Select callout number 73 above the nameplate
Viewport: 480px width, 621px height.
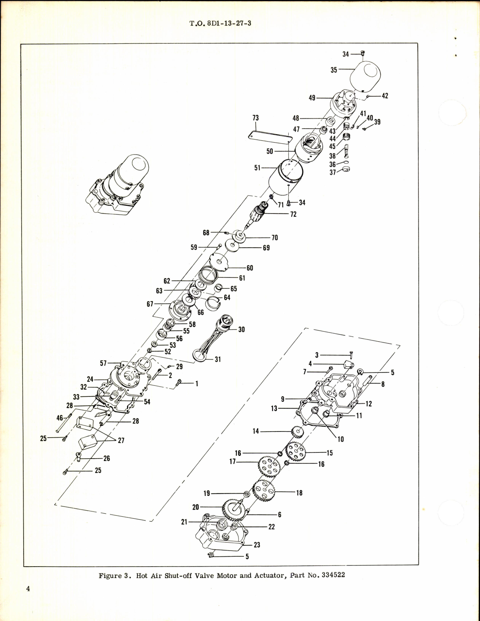pyautogui.click(x=255, y=118)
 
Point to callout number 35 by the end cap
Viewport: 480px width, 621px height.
pyautogui.click(x=334, y=70)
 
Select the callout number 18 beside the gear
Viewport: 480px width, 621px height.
pyautogui.click(x=299, y=493)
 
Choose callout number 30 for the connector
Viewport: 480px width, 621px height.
pyautogui.click(x=242, y=330)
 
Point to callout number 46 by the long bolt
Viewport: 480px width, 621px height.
pyautogui.click(x=60, y=418)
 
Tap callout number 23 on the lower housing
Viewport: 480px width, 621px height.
pyautogui.click(x=257, y=545)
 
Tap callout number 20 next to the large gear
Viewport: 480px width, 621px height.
pyautogui.click(x=196, y=507)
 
